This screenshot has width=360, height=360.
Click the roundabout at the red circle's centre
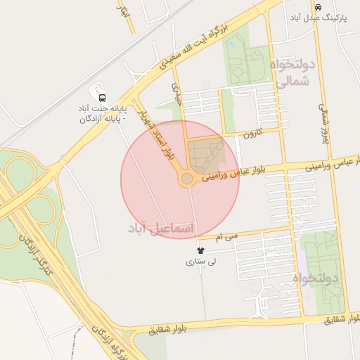point(186,180)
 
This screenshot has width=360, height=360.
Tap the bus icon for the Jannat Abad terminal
point(103,97)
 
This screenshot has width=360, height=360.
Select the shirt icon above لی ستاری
point(201,250)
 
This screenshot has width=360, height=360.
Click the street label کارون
point(252,133)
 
